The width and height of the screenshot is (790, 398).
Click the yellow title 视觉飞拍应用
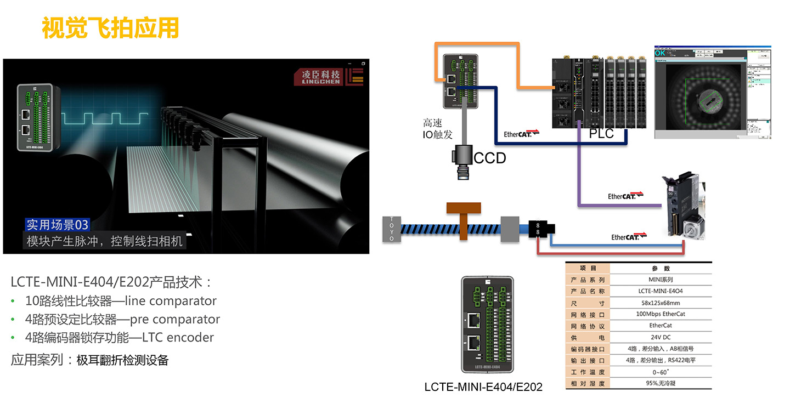110,28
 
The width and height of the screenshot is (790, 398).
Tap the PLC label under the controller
601,133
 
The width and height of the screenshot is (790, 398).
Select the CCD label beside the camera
490,158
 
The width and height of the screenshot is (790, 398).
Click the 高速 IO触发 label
433,129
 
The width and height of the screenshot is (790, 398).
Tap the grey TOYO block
391,229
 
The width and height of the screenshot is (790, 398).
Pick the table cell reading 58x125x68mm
660,303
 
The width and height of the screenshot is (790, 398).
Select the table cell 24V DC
660,337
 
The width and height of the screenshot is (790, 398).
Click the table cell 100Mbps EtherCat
660,314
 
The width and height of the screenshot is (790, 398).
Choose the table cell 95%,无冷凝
660,383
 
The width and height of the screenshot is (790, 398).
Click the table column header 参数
660,269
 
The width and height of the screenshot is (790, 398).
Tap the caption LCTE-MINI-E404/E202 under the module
483,387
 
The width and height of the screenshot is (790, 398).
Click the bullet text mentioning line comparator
121,301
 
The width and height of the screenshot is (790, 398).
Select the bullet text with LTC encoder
119,338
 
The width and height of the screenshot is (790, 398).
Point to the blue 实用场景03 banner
58,225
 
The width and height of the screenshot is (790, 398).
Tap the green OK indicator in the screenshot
660,53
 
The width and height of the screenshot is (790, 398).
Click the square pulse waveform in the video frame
104,118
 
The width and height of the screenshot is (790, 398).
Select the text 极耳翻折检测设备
122,360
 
